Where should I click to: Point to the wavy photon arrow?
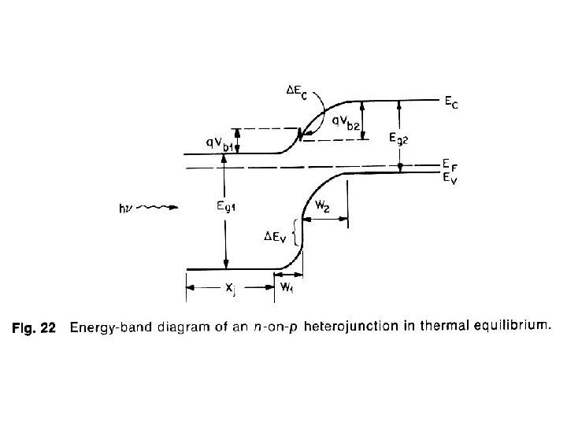(157, 209)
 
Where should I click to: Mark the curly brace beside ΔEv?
(295, 234)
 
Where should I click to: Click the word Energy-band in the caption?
(107, 328)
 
